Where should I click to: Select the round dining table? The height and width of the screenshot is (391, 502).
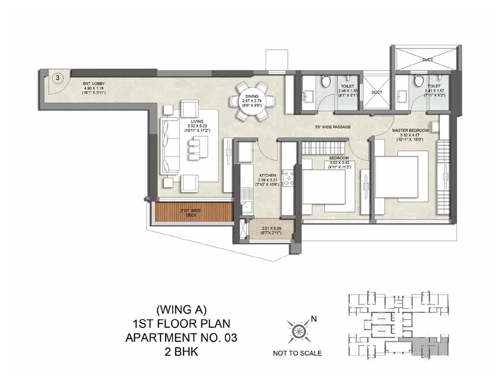254,101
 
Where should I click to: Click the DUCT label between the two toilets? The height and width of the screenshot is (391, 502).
377,92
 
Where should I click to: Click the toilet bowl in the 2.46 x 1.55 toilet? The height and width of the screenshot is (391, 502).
327,82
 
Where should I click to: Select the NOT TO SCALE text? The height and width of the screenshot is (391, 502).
297,353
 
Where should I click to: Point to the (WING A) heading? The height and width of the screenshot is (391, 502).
176,309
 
